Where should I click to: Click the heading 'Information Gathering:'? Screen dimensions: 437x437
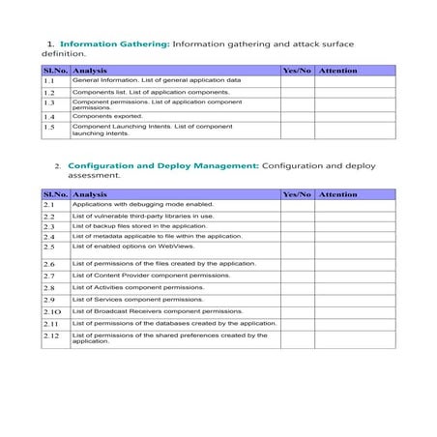pos(115,44)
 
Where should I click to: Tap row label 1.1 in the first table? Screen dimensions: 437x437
pos(50,82)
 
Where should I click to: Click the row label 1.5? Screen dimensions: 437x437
pos(50,127)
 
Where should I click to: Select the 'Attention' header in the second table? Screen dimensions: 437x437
pos(338,194)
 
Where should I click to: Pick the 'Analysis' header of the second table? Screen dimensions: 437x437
pos(91,194)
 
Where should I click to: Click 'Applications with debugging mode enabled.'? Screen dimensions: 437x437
pos(143,205)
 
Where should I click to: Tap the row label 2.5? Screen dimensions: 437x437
pos(50,247)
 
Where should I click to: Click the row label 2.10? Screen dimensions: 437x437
pos(52,312)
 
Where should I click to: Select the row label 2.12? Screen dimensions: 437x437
pos(52,335)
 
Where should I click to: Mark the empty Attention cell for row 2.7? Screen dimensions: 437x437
pos(355,276)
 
